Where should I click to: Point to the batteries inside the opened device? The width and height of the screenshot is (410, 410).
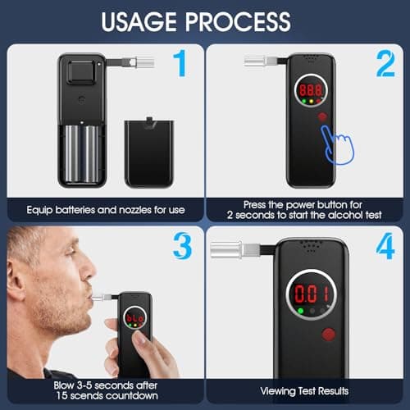(82, 153)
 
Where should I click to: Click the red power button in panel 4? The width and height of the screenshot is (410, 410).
(330, 333)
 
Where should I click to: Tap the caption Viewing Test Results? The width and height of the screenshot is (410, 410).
(307, 391)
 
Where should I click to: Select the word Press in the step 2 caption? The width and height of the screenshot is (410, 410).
(255, 204)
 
